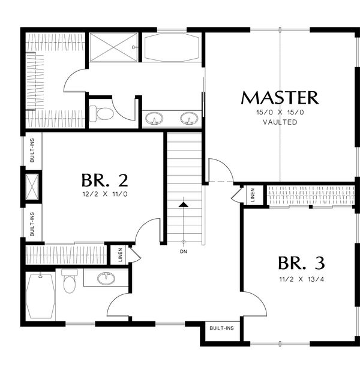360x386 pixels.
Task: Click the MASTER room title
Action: point(279,97)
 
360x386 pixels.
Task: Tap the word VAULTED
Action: point(280,122)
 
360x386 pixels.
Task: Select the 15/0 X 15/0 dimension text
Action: point(280,112)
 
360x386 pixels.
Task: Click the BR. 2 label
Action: point(104,180)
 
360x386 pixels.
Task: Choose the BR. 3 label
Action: point(301,263)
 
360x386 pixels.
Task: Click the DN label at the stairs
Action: point(184,252)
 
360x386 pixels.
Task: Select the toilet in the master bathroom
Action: point(104,113)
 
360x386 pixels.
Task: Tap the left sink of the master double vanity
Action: point(155,119)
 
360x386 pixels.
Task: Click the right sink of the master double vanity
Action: point(190,119)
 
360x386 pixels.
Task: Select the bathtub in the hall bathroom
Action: point(41,296)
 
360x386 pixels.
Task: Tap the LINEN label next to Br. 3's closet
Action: point(253,195)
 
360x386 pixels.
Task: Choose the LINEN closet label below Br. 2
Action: point(121,254)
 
